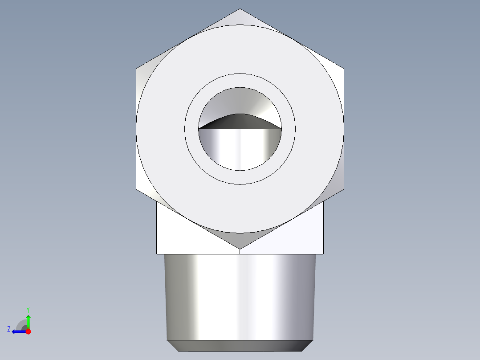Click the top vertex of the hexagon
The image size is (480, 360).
(240, 9)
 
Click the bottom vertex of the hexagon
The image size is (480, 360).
(240, 249)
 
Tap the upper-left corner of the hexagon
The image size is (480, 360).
(136, 69)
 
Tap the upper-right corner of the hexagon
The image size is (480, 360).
(343, 69)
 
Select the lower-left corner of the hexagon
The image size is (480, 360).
(136, 188)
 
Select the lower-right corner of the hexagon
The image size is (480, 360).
(343, 188)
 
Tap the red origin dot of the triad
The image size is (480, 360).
(28, 331)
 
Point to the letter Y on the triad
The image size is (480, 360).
(28, 309)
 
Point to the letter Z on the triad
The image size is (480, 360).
(9, 329)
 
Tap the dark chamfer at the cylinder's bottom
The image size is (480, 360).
(240, 345)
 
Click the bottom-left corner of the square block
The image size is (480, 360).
(157, 254)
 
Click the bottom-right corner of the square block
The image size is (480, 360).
(323, 254)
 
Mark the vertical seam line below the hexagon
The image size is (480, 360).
(240, 251)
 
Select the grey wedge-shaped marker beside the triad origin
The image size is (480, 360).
(21, 324)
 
